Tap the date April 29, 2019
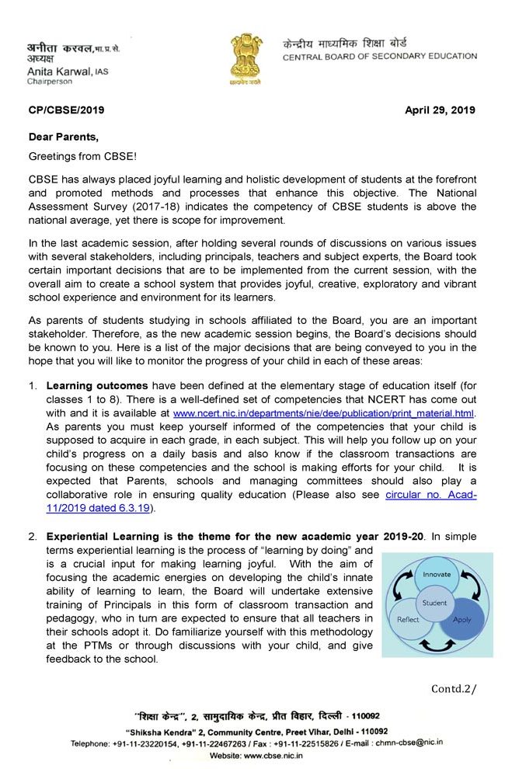(x=441, y=110)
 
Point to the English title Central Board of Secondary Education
(x=380, y=57)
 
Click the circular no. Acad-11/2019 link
(x=431, y=494)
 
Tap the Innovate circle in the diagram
(x=437, y=576)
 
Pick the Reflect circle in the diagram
(x=409, y=619)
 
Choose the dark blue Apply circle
(x=462, y=620)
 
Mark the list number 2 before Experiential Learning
(x=33, y=536)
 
